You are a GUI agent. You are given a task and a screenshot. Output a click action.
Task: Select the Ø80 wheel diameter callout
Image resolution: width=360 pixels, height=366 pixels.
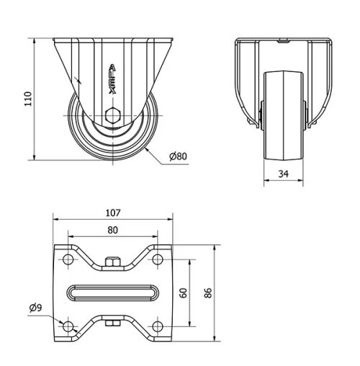tap(179, 156)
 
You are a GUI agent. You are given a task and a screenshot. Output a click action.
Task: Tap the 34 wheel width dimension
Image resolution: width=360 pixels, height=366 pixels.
tap(284, 174)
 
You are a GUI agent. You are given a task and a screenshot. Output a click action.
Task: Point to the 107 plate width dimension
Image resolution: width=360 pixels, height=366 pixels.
tap(112, 213)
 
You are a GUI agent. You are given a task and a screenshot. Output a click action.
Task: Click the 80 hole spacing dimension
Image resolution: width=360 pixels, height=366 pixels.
tap(113, 230)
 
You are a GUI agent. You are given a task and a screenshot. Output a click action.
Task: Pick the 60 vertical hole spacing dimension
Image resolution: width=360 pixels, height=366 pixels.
tap(184, 293)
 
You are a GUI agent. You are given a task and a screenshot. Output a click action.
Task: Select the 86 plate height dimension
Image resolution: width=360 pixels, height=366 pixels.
tap(208, 293)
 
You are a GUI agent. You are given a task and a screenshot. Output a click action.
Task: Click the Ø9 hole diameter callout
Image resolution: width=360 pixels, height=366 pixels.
tap(35, 308)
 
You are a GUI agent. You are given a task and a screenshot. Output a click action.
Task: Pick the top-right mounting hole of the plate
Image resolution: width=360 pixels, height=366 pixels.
tap(157, 259)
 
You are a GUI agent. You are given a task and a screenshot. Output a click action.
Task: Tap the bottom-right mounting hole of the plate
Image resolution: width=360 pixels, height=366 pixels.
tap(157, 326)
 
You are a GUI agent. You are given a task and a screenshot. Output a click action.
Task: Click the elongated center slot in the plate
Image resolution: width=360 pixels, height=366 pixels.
tap(113, 293)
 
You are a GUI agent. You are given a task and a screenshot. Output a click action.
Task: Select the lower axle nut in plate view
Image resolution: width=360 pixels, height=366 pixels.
tap(113, 323)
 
